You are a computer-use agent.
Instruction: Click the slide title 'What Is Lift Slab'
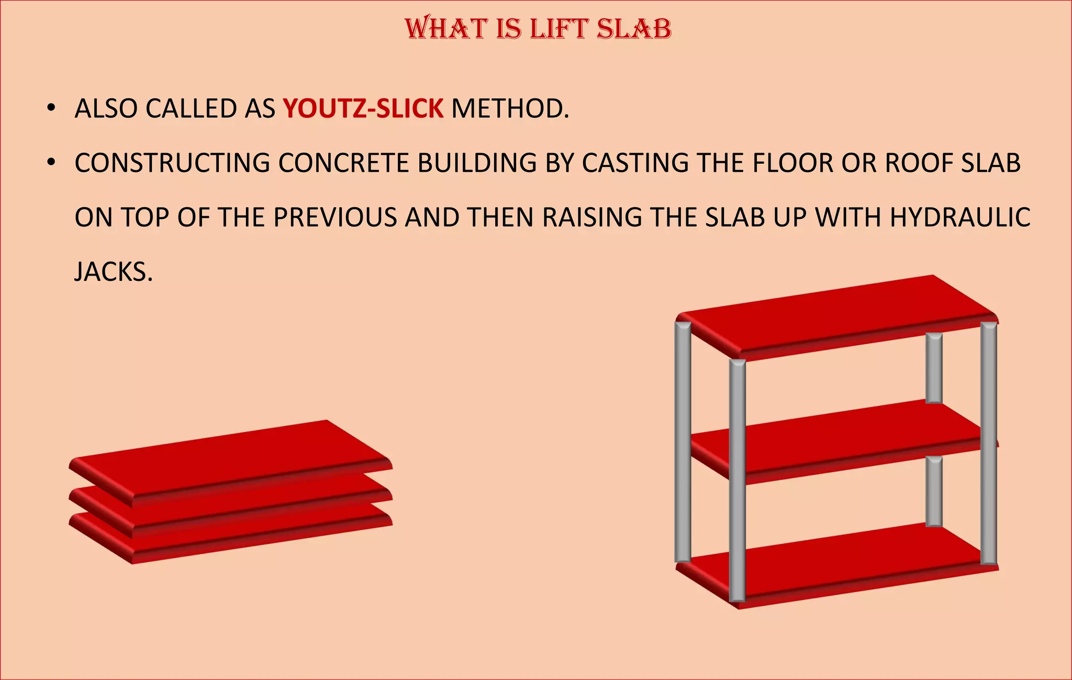(x=538, y=29)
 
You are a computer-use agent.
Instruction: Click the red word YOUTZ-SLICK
(x=363, y=109)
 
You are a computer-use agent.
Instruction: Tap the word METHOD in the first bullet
(x=509, y=109)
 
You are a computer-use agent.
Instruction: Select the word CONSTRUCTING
(x=172, y=163)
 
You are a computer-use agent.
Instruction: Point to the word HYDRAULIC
(x=960, y=218)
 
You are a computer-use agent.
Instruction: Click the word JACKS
(x=114, y=272)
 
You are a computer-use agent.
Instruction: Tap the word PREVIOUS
(x=335, y=218)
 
